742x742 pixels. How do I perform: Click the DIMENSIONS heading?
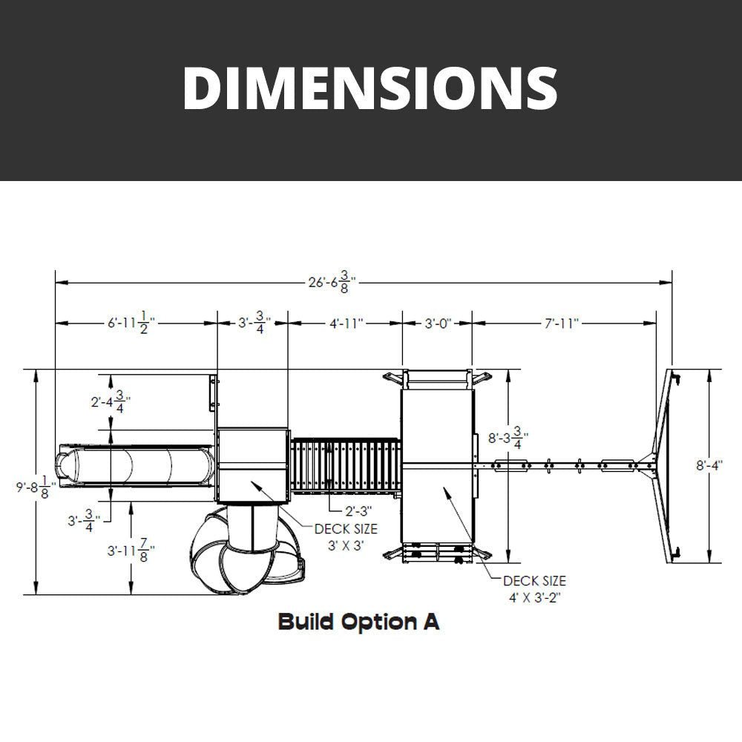tap(370, 88)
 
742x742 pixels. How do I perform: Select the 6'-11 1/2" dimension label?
tap(131, 324)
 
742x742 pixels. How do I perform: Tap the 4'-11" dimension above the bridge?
tap(347, 324)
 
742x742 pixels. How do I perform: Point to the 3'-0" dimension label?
tap(438, 324)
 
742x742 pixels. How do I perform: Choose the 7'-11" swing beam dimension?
tap(561, 324)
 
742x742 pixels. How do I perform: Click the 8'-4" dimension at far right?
tap(709, 465)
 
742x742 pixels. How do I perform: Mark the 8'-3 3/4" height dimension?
tap(508, 439)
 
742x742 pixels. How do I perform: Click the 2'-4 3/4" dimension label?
tap(111, 401)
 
